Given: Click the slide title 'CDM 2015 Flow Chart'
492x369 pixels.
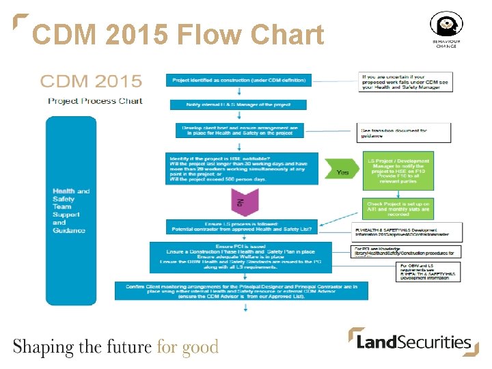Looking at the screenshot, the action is coord(178,34).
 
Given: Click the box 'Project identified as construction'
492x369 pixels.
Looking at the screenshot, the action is coord(239,80).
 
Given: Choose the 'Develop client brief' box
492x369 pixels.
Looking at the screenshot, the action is coord(239,131).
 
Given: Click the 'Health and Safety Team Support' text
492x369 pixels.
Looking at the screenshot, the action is coord(71,210).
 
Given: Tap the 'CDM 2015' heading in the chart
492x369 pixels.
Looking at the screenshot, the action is coord(91,82).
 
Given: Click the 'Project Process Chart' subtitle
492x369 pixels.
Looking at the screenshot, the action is coord(95,100).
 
